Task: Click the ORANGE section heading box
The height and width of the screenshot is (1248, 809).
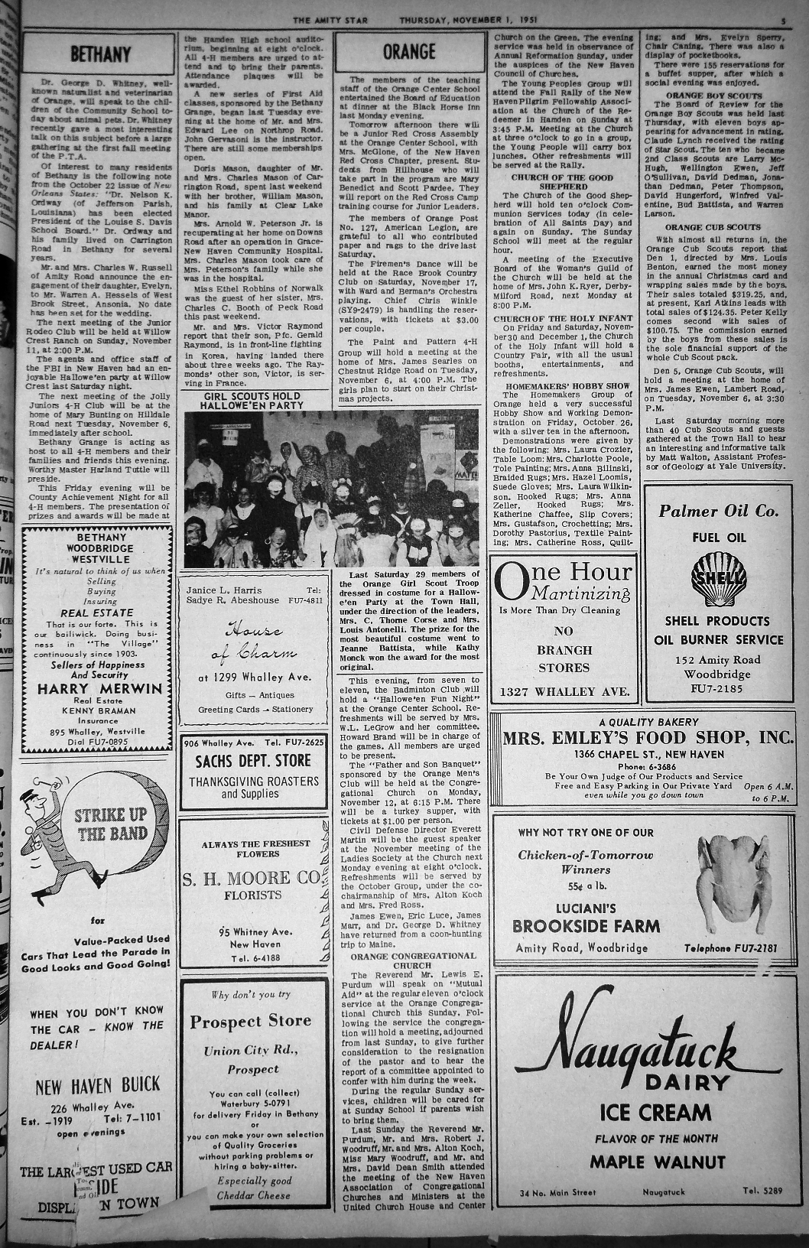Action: coord(409,52)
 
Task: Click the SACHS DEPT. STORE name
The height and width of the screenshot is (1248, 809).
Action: coord(253,761)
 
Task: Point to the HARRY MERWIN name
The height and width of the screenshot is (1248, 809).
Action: coord(100,688)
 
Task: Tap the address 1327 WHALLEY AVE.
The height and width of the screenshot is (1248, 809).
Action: coord(564,692)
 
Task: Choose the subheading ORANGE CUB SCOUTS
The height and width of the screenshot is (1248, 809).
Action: coord(713,227)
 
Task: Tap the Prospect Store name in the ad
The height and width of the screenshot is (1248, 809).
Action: coord(250,1022)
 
